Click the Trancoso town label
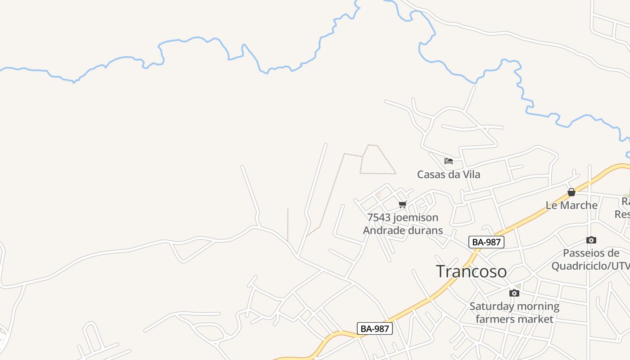pos(471,271)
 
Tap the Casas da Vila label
pos(448,175)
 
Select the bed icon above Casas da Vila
pos(448,161)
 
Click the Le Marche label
pos(571,205)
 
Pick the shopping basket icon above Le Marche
pos(571,192)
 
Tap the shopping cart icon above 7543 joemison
pos(403,205)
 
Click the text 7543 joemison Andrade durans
pos(403,224)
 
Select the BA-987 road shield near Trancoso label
pos(486,242)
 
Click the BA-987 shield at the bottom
pos(375,328)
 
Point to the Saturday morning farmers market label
pos(514,313)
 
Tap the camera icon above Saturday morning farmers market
pos(514,293)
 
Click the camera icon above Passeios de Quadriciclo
pos(591,240)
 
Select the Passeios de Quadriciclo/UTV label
pos(590,260)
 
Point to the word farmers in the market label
pos(495,319)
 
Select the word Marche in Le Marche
pos(579,205)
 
